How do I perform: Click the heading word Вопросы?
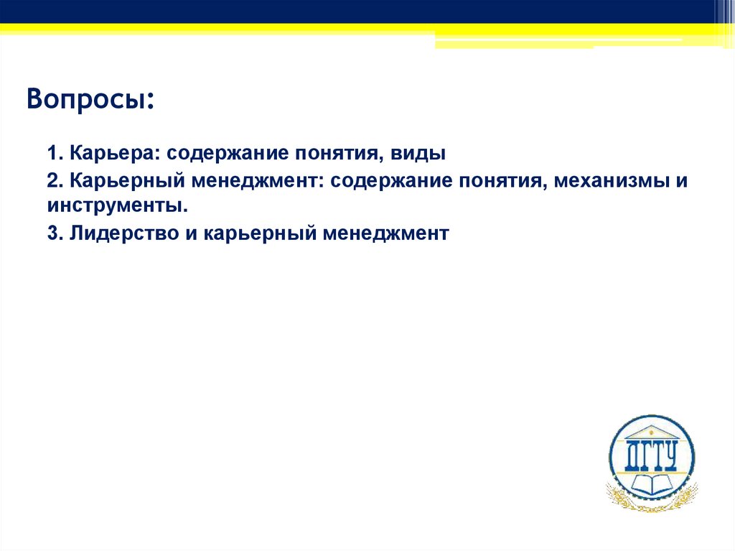point(90,98)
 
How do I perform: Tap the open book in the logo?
point(652,483)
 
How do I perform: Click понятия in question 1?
point(336,154)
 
